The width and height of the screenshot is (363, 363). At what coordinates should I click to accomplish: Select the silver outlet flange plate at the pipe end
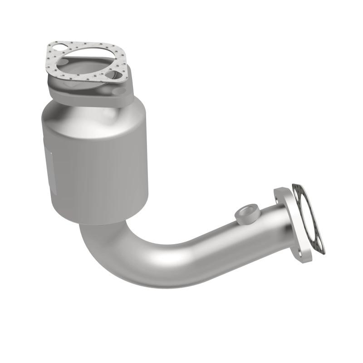(290, 227)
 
